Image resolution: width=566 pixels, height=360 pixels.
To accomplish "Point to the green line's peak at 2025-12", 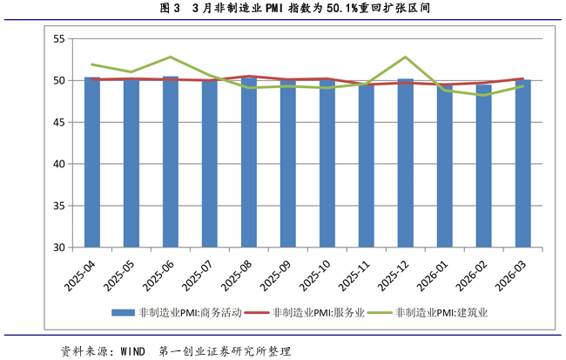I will click(406, 58).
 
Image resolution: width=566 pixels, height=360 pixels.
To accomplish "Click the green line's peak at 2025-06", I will click(170, 58).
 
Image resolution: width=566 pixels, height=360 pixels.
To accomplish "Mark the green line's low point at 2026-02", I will click(484, 95).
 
